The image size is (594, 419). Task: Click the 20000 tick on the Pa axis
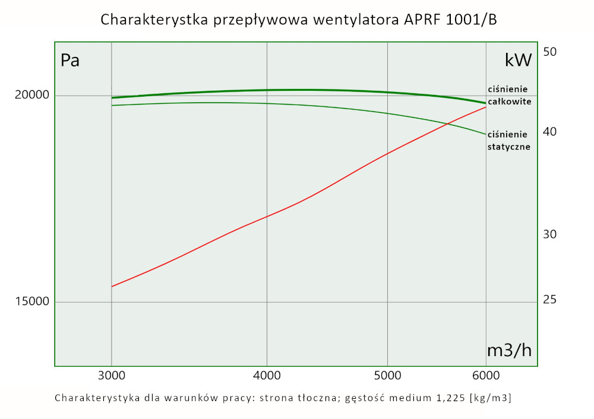(x=31, y=96)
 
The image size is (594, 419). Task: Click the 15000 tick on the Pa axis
(x=31, y=302)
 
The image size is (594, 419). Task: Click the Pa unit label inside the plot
(x=70, y=61)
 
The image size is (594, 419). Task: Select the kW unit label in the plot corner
(x=517, y=60)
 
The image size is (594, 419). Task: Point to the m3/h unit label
(x=509, y=351)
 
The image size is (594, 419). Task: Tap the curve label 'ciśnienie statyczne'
(x=508, y=140)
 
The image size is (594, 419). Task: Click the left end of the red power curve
(x=112, y=287)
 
